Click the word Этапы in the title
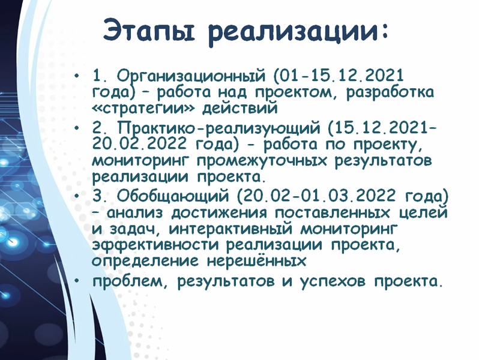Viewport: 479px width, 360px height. pos(149,30)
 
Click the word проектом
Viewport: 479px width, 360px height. pos(294,93)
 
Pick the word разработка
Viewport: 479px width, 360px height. pos(390,93)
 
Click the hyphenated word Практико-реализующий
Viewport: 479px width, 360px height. pos(219,128)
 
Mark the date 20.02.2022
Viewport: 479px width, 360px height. pos(139,143)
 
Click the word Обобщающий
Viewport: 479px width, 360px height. pos(173,196)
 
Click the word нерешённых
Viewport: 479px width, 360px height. pos(256,262)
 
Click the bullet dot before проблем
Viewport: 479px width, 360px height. pos(77,280)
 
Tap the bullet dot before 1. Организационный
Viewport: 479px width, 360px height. pos(77,75)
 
